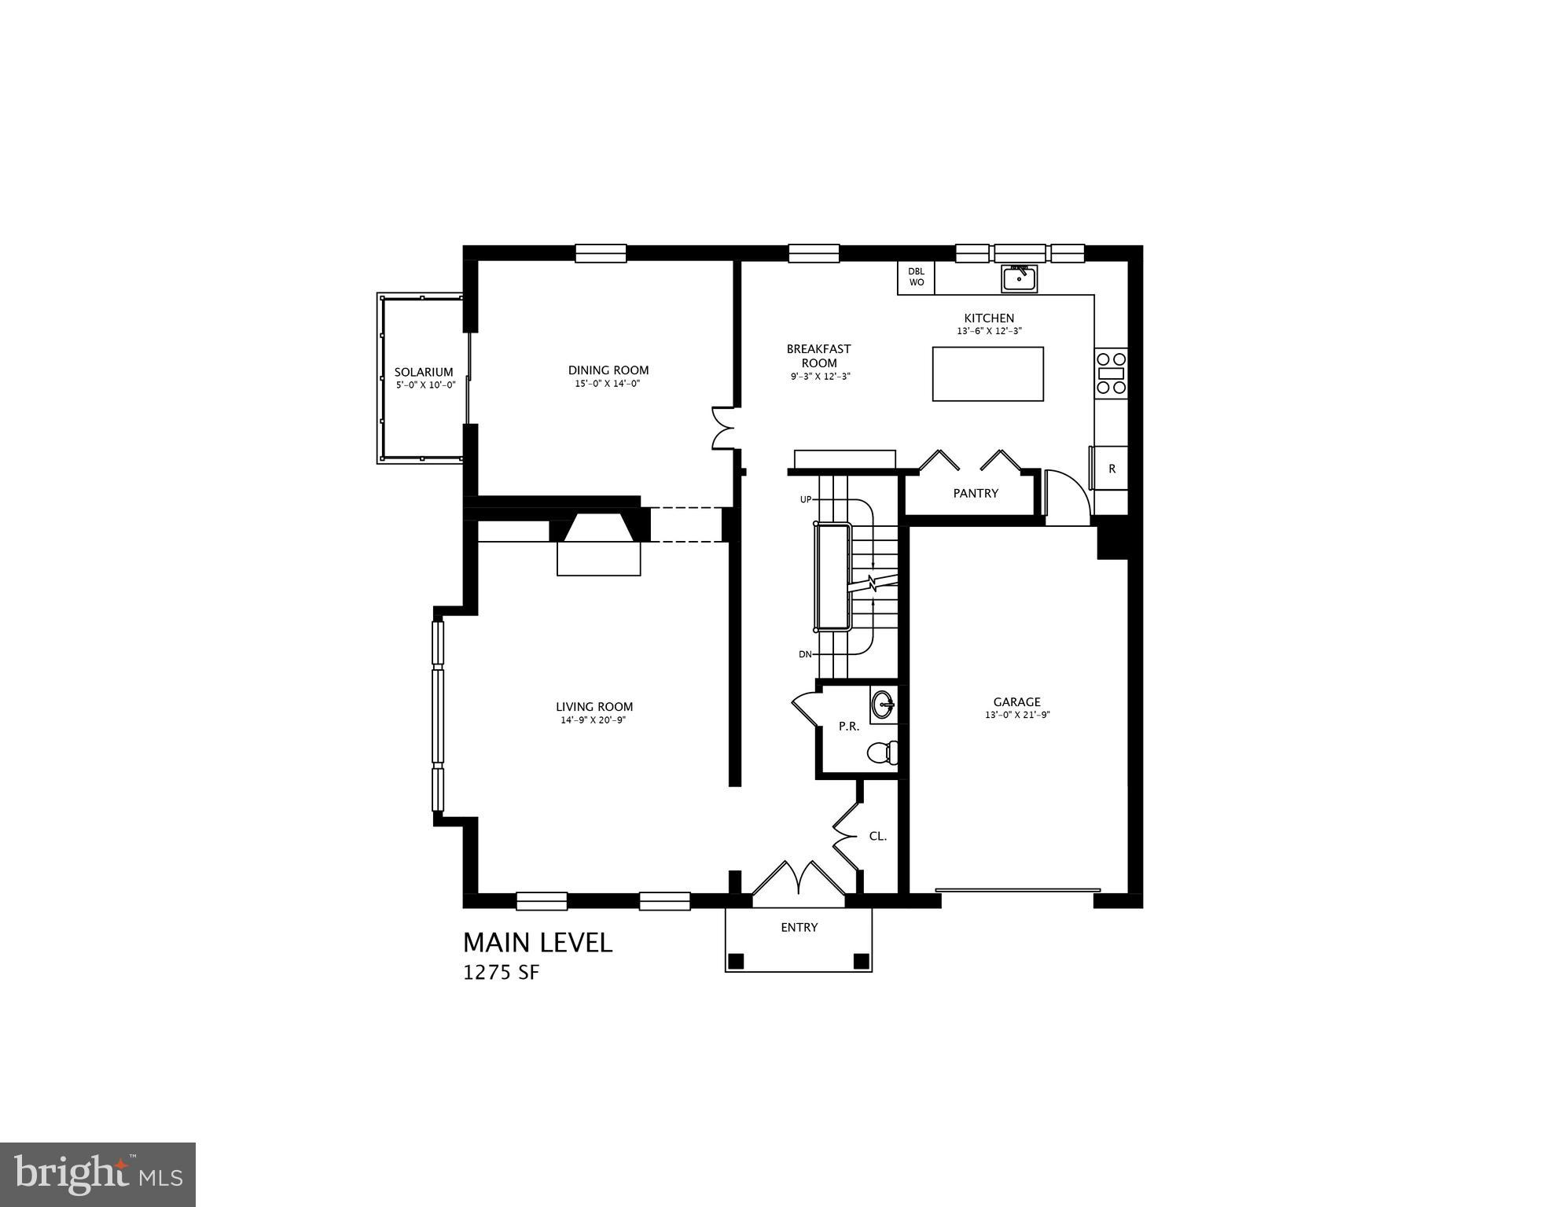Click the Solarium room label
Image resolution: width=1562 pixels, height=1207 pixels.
tap(424, 372)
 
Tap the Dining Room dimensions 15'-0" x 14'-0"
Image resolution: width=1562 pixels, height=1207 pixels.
tap(608, 385)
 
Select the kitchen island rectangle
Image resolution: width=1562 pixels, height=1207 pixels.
tap(987, 374)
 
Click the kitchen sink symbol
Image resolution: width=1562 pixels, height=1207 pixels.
tap(1019, 278)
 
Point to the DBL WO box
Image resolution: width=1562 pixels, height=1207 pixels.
tap(916, 278)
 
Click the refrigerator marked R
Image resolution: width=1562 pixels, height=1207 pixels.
tap(1111, 469)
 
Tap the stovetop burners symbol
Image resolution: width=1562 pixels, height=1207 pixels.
tap(1111, 373)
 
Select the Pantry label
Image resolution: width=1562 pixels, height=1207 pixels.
tap(975, 494)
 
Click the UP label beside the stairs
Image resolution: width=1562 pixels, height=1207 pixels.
tap(805, 499)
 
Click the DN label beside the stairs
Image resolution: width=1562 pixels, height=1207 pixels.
tap(805, 654)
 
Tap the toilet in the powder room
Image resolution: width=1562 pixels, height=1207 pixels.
tap(883, 753)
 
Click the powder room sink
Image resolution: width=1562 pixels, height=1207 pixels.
tap(884, 705)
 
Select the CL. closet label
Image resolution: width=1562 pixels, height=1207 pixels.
tap(877, 837)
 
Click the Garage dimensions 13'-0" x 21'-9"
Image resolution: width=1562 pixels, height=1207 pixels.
tap(1017, 716)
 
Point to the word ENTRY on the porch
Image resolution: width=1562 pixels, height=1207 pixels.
tap(799, 928)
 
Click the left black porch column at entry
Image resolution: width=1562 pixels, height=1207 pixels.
tap(737, 961)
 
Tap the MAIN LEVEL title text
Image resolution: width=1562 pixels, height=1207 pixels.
tap(537, 943)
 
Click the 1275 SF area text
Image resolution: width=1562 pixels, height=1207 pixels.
tap(501, 973)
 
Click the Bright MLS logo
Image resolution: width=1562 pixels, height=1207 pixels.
tap(97, 1175)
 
